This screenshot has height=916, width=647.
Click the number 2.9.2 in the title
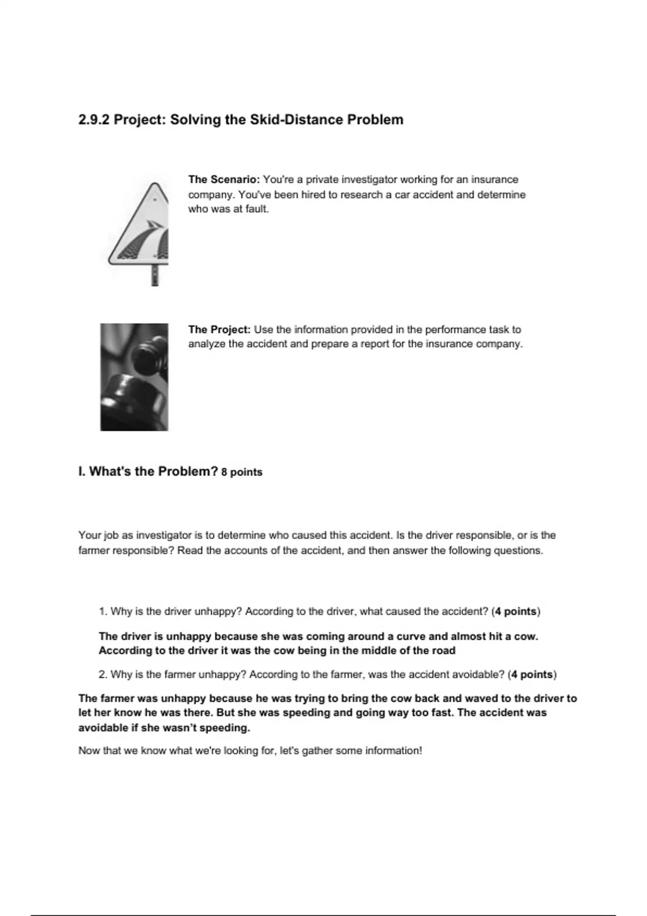[94, 120]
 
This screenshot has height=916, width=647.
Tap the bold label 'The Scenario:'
[224, 179]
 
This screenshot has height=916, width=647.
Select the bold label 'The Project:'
[219, 329]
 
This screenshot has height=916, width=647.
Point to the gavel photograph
[134, 377]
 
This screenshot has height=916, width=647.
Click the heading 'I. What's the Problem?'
[148, 471]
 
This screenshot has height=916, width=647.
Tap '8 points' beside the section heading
[242, 473]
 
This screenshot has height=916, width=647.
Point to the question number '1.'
[104, 612]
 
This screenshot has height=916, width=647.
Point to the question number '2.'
[104, 675]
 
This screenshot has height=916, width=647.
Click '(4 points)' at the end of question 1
[516, 612]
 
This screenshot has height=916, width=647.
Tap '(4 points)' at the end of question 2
[532, 675]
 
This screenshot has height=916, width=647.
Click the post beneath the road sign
[155, 275]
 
